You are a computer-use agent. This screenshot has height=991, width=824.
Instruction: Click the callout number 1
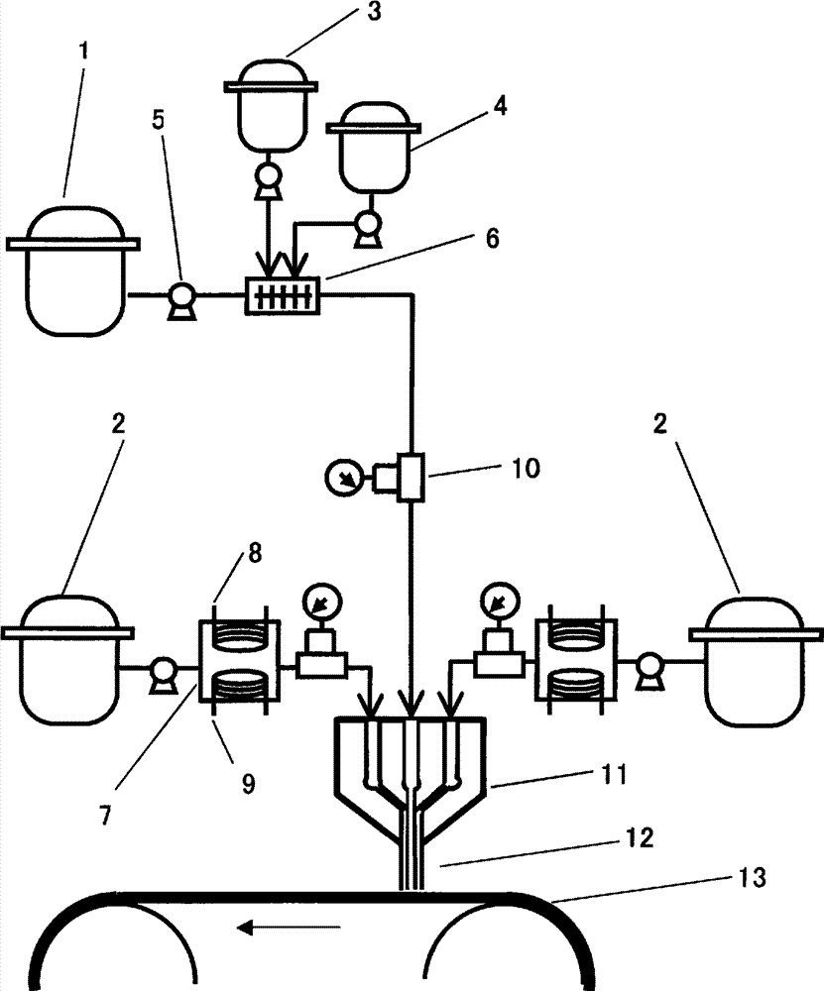tap(83, 51)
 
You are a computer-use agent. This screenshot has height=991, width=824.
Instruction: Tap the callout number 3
tap(375, 12)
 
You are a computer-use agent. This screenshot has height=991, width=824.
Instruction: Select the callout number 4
tap(500, 106)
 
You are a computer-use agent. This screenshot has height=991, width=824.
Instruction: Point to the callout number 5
tap(158, 120)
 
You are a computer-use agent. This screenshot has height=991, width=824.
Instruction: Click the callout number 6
tap(492, 238)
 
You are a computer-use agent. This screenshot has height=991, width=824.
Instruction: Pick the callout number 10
tap(527, 469)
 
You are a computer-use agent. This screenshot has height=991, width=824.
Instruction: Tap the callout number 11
tap(613, 774)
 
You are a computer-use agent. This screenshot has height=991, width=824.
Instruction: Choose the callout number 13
tap(753, 877)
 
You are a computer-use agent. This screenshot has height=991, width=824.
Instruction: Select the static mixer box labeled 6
tap(282, 295)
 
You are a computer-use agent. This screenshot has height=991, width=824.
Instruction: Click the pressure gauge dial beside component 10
tap(343, 479)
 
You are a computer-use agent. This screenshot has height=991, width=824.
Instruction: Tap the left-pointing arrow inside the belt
tap(289, 928)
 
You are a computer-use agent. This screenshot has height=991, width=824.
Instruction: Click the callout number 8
tap(254, 554)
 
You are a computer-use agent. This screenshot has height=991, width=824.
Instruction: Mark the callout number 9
tap(248, 784)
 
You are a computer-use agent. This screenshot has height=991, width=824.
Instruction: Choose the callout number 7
tap(105, 816)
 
